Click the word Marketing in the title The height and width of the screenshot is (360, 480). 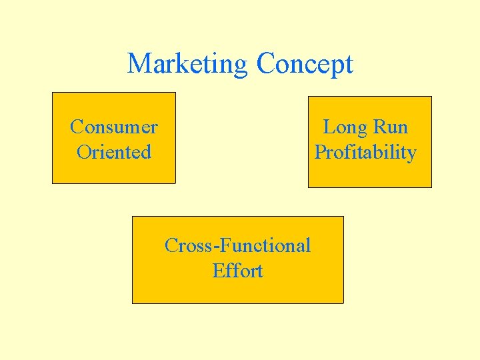187,64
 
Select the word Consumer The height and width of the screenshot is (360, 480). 114,127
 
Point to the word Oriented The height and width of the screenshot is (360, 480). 114,152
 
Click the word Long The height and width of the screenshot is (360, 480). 345,127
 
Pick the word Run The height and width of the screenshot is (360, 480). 391,127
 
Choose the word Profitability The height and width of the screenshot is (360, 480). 365,153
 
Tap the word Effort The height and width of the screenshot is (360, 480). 237,271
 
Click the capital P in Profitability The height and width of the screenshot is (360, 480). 320,152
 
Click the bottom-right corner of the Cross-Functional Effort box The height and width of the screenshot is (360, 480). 343,303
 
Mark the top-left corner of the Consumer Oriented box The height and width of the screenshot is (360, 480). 53,93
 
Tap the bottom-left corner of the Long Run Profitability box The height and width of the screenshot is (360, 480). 308,187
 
